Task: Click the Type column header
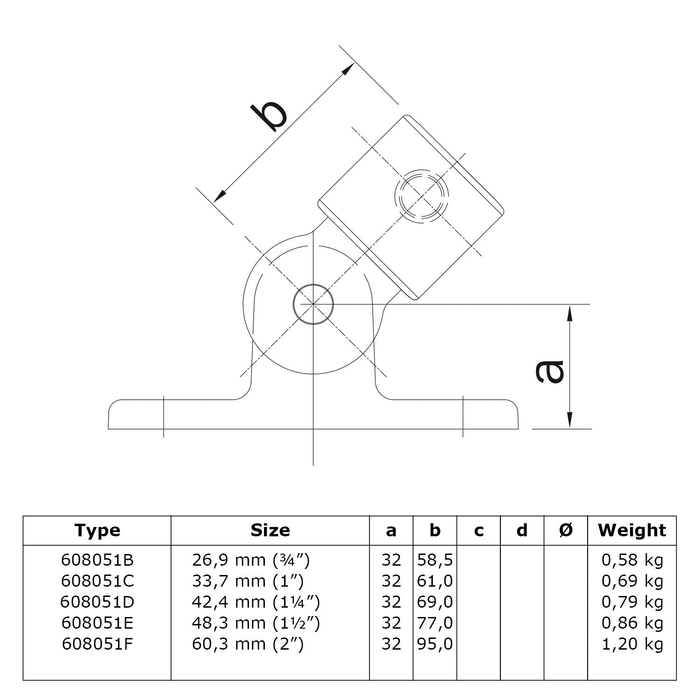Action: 97,530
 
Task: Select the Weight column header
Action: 632,530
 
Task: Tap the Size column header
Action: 270,530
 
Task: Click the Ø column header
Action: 566,530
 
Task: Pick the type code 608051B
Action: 97,560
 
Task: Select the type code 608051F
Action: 97,644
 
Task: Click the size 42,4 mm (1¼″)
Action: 256,602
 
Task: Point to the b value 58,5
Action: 435,560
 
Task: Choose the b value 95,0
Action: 435,644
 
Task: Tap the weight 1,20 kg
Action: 632,644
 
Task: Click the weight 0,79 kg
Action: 632,602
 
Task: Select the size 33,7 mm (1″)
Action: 248,581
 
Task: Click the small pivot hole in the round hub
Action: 313,304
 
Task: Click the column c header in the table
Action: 478,530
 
